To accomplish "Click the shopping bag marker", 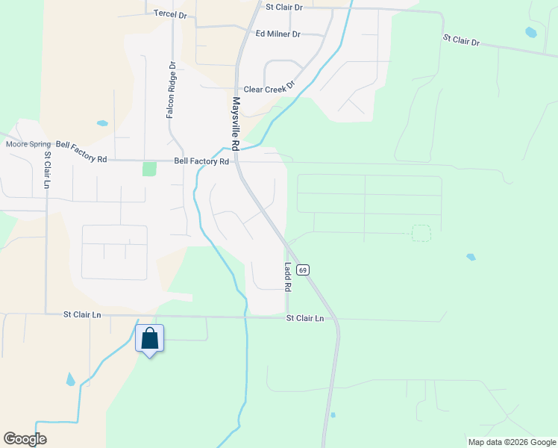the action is tap(150, 338).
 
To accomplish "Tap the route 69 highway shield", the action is tap(302, 269).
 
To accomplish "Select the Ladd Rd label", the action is tap(287, 276).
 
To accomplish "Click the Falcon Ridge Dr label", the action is tap(172, 92).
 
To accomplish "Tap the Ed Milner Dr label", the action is tap(278, 34).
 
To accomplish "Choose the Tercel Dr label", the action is tap(169, 14).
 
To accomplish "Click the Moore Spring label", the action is tap(28, 144).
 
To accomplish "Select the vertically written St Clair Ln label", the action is tap(47, 170).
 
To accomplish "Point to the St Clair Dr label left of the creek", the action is tap(284, 7).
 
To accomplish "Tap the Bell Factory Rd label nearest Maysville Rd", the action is tap(201, 161).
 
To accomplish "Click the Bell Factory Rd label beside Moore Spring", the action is tap(82, 152).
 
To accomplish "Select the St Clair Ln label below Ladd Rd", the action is tap(306, 318).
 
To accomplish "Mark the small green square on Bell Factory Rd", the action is tap(150, 169).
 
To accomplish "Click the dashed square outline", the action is tap(421, 233).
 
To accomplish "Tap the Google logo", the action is tap(25, 439).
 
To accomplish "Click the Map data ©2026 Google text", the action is tap(511, 442).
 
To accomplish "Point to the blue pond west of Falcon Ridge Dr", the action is tap(102, 123).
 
